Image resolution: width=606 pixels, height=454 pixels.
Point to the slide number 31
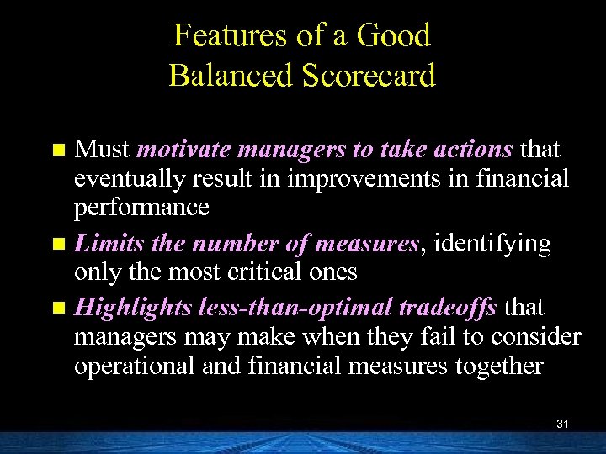tap(562, 425)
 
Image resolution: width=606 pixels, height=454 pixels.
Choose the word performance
tap(141, 208)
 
